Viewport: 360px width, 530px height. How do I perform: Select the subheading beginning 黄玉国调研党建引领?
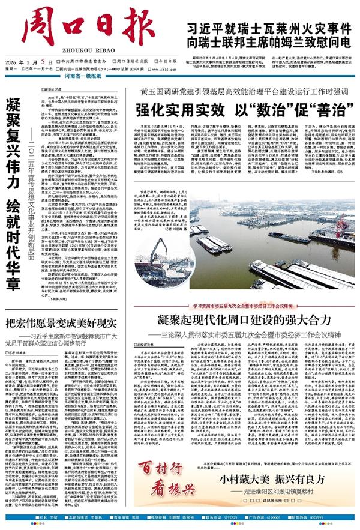(x=237, y=95)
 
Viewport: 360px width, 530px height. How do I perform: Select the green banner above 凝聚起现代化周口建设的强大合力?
(x=240, y=305)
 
